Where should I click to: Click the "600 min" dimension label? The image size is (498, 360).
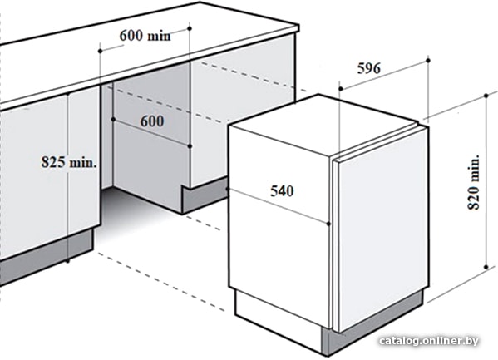click(x=145, y=35)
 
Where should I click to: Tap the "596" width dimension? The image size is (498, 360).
click(x=369, y=68)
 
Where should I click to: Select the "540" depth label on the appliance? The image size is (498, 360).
click(x=282, y=191)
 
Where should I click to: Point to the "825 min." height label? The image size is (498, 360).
click(x=69, y=162)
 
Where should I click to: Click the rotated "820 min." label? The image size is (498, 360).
click(x=473, y=182)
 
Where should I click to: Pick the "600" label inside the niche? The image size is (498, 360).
click(x=152, y=121)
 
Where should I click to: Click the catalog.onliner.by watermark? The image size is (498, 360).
click(x=429, y=341)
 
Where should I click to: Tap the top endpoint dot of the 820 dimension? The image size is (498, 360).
click(x=486, y=96)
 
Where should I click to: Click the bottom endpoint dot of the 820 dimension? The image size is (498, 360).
click(x=486, y=267)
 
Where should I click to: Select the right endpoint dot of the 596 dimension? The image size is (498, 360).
click(x=428, y=60)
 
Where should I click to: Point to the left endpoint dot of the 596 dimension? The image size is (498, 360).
click(x=340, y=89)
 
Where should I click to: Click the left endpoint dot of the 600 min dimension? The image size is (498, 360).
click(x=100, y=51)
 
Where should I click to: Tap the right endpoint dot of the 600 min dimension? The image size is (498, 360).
click(x=190, y=28)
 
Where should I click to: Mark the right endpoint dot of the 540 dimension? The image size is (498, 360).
click(x=328, y=224)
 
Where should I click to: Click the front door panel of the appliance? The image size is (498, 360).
click(x=382, y=229)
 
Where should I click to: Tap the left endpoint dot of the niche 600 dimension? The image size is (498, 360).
click(x=113, y=119)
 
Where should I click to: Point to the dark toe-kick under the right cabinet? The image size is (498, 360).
click(x=205, y=195)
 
